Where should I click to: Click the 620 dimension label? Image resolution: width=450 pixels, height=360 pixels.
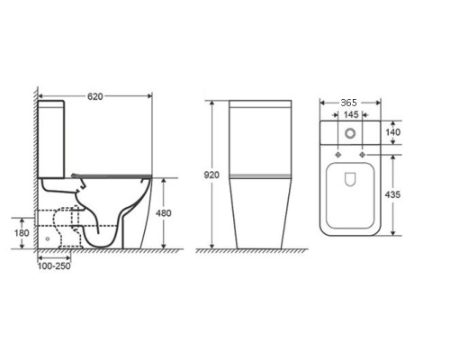[x=95, y=96]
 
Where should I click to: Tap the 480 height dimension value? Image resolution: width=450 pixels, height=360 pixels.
[x=164, y=213]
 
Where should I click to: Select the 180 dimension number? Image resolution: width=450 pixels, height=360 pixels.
[x=22, y=233]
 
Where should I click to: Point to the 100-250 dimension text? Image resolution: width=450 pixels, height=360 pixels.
[x=54, y=266]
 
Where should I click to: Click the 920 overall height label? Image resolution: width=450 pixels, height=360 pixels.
[x=211, y=175]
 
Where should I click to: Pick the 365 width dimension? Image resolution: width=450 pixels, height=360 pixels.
[x=349, y=103]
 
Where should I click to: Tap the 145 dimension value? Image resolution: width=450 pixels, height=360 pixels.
[x=351, y=114]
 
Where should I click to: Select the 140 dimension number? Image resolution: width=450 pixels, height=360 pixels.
[x=392, y=132]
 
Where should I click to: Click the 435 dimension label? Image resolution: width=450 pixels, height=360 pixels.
[x=392, y=194]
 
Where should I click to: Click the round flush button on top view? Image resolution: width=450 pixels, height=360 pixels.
[x=350, y=133]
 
